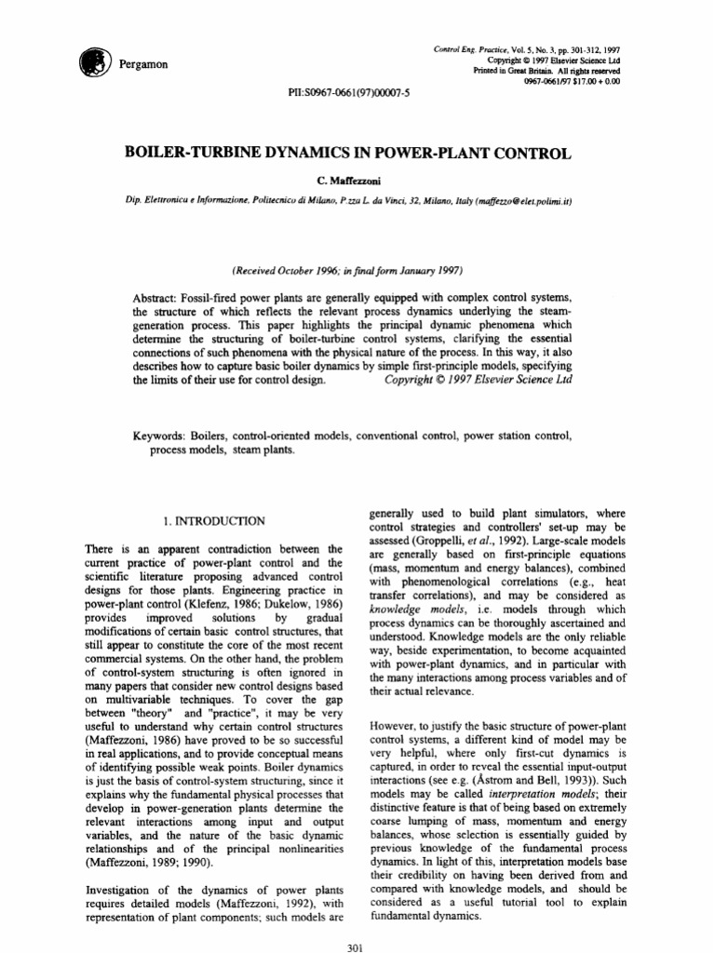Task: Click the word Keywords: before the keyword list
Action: coord(166,436)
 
